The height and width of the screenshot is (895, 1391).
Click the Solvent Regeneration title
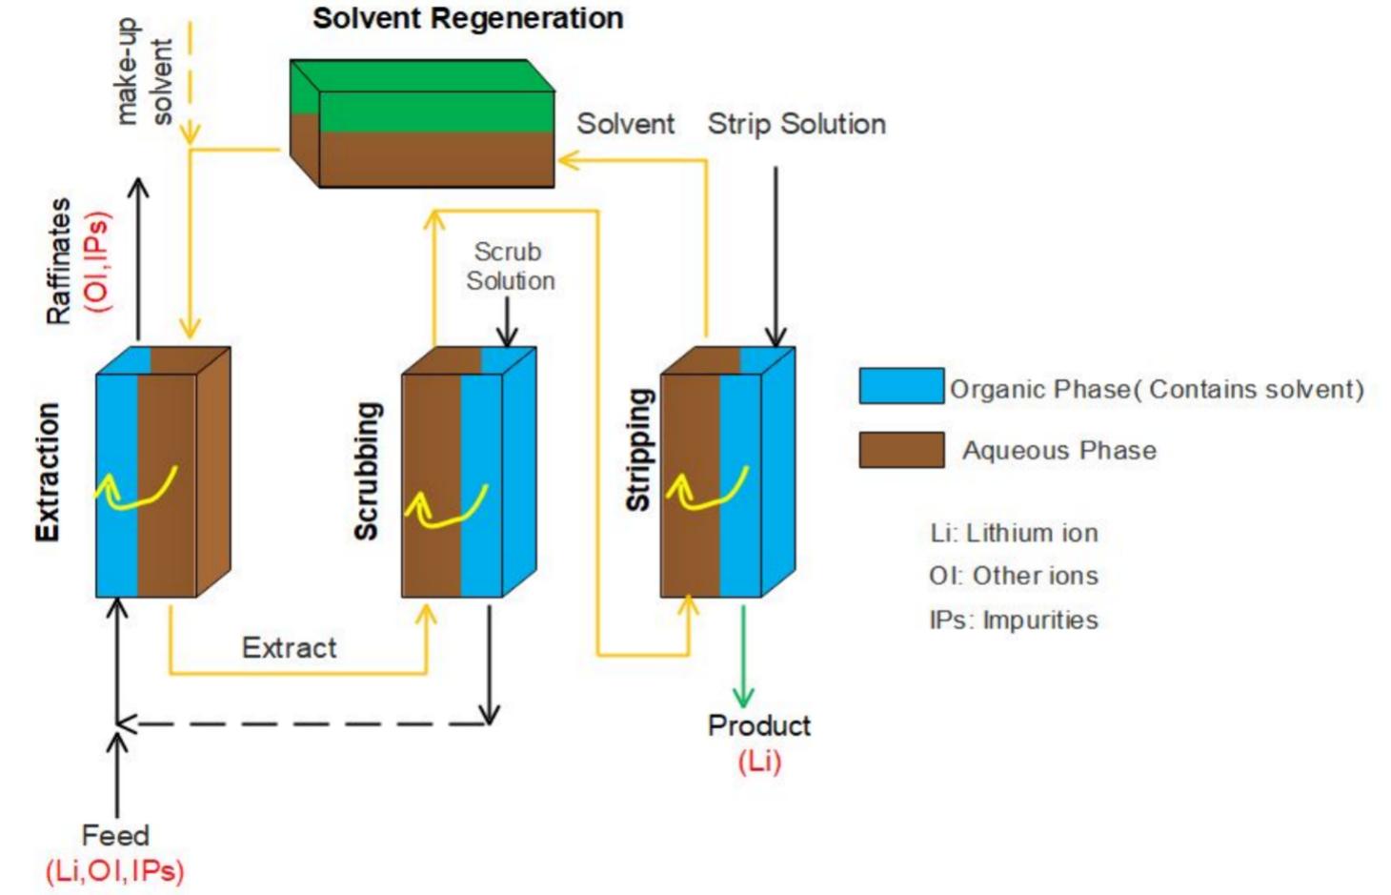[x=468, y=18]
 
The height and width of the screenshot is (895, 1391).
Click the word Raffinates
[x=59, y=261]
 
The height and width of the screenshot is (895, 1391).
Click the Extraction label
[x=48, y=472]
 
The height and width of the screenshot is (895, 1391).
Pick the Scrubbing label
[x=367, y=471]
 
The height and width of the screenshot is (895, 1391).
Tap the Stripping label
[x=638, y=449]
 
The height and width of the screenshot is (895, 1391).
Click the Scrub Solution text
[x=509, y=266]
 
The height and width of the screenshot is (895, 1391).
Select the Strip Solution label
[x=796, y=124]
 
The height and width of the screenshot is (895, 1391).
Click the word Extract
[x=289, y=648]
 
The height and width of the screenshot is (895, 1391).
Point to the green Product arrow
[x=743, y=658]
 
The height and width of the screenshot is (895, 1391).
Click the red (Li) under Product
[x=759, y=762]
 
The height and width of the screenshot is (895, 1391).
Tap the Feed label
[x=115, y=835]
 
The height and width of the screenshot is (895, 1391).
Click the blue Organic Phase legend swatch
[x=900, y=386]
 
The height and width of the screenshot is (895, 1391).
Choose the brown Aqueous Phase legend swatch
[x=900, y=449]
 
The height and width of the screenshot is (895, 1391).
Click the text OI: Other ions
[x=1013, y=576]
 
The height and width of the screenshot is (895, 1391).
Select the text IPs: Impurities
[x=1013, y=620]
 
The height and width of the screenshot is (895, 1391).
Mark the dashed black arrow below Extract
[x=305, y=723]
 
